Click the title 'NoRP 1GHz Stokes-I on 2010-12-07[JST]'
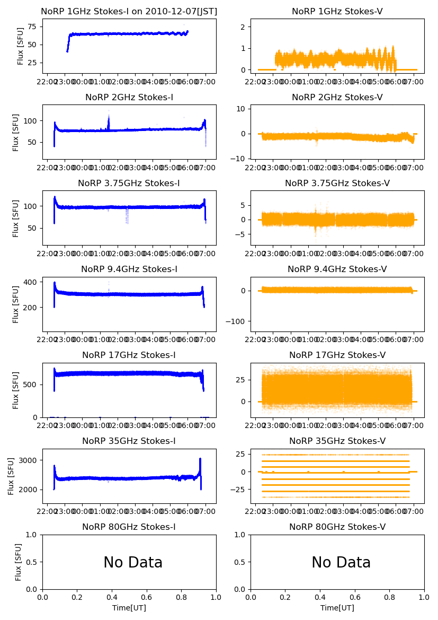129,11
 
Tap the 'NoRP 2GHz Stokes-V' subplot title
337,97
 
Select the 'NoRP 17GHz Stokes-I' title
129,355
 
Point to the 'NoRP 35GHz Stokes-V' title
337,441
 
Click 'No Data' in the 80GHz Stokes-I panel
133,562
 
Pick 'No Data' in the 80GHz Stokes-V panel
341,562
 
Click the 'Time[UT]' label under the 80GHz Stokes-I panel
129,608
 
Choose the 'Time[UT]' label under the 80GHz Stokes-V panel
337,608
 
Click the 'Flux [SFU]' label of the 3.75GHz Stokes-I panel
16,218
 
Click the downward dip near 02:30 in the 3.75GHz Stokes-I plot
127,215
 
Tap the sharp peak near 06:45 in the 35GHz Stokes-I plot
200,460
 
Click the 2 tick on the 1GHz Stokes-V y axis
246,27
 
